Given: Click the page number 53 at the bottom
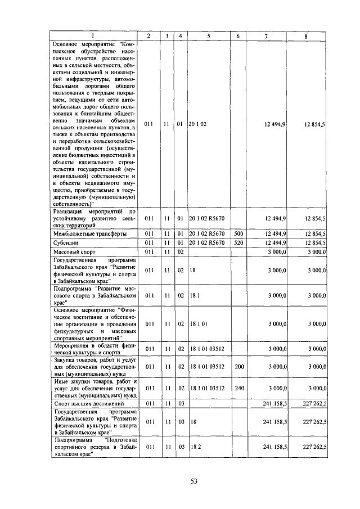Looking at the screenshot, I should pyautogui.click(x=193, y=481).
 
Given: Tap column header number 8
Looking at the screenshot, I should pyautogui.click(x=305, y=36).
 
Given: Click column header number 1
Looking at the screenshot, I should pyautogui.click(x=93, y=36).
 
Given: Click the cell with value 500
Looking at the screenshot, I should pyautogui.click(x=237, y=233).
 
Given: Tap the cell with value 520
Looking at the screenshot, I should pyautogui.click(x=237, y=243).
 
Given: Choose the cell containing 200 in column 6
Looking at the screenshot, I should pyautogui.click(x=237, y=366).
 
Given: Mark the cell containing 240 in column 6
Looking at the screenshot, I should pyautogui.click(x=237, y=388).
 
